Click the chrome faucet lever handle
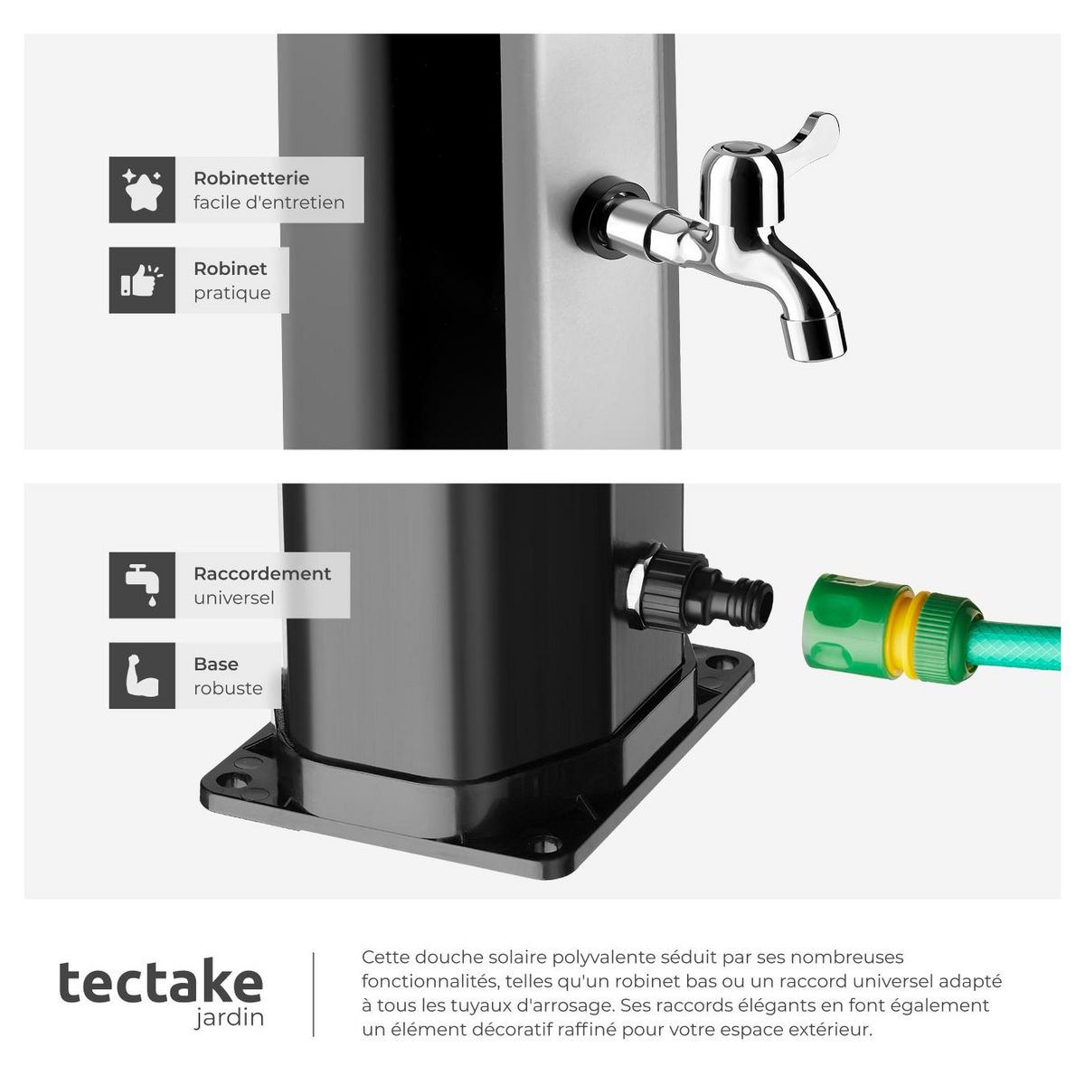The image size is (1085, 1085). point(805,136)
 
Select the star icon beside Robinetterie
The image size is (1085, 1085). point(142,190)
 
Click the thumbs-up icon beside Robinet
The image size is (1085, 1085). point(142,280)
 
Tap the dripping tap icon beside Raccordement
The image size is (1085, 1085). point(142,585)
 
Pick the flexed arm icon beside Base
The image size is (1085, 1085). point(142,675)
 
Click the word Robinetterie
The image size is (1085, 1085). point(250,178)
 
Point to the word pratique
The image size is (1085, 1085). point(231,293)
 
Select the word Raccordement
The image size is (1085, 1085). point(262,573)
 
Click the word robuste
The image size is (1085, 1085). point(228,688)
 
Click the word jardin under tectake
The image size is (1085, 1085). point(230,1018)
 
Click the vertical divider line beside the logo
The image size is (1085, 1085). point(314,995)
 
